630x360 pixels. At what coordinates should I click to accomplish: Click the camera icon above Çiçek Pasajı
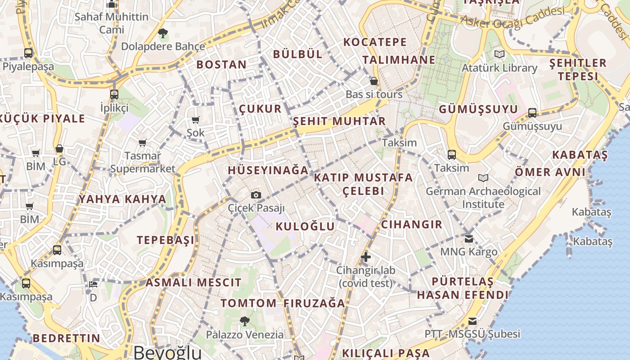[x=256, y=195]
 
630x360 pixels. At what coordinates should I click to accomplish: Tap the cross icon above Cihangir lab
[x=366, y=257]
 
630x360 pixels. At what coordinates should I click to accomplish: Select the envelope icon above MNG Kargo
[x=469, y=238]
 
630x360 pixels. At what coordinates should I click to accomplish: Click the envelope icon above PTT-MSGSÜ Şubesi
[x=472, y=321]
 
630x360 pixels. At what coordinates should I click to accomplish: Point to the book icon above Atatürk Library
[x=499, y=54]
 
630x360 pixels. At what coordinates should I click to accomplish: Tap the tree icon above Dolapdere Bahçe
[x=163, y=33]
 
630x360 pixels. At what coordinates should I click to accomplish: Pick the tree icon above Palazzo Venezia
[x=245, y=321]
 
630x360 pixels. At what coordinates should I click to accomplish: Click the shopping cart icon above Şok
[x=196, y=120]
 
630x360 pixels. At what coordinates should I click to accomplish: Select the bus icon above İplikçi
[x=114, y=94]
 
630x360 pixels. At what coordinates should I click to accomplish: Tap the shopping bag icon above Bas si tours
[x=374, y=81]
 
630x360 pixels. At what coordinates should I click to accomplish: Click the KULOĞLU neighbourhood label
[x=305, y=226]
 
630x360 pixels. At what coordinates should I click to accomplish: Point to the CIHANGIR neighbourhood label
[x=412, y=224]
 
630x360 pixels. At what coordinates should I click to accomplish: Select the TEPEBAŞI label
[x=166, y=240]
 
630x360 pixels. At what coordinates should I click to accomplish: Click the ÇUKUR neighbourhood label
[x=260, y=108]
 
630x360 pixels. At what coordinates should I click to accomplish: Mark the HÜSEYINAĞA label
[x=268, y=170]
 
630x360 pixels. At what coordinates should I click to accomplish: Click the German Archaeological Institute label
[x=483, y=198]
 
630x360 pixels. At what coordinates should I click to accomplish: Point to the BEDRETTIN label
[x=67, y=338]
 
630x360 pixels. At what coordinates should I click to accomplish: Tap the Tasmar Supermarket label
[x=143, y=162]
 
